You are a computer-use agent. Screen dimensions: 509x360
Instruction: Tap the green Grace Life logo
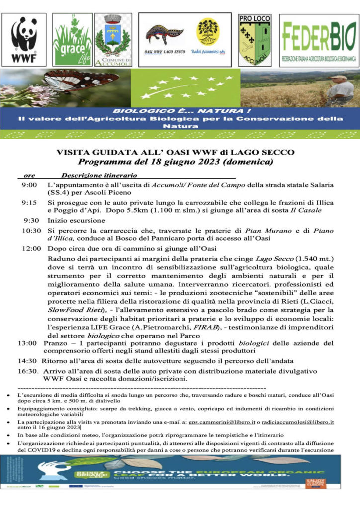pos(73,39)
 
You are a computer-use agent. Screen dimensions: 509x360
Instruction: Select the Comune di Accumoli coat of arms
pos(113,40)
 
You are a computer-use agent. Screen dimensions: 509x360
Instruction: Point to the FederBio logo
pos(319,40)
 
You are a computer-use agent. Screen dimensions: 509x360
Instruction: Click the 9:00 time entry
pos(29,185)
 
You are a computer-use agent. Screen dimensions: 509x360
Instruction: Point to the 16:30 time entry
pos(28,371)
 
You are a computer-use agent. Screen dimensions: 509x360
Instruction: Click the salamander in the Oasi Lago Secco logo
pos(164,35)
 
